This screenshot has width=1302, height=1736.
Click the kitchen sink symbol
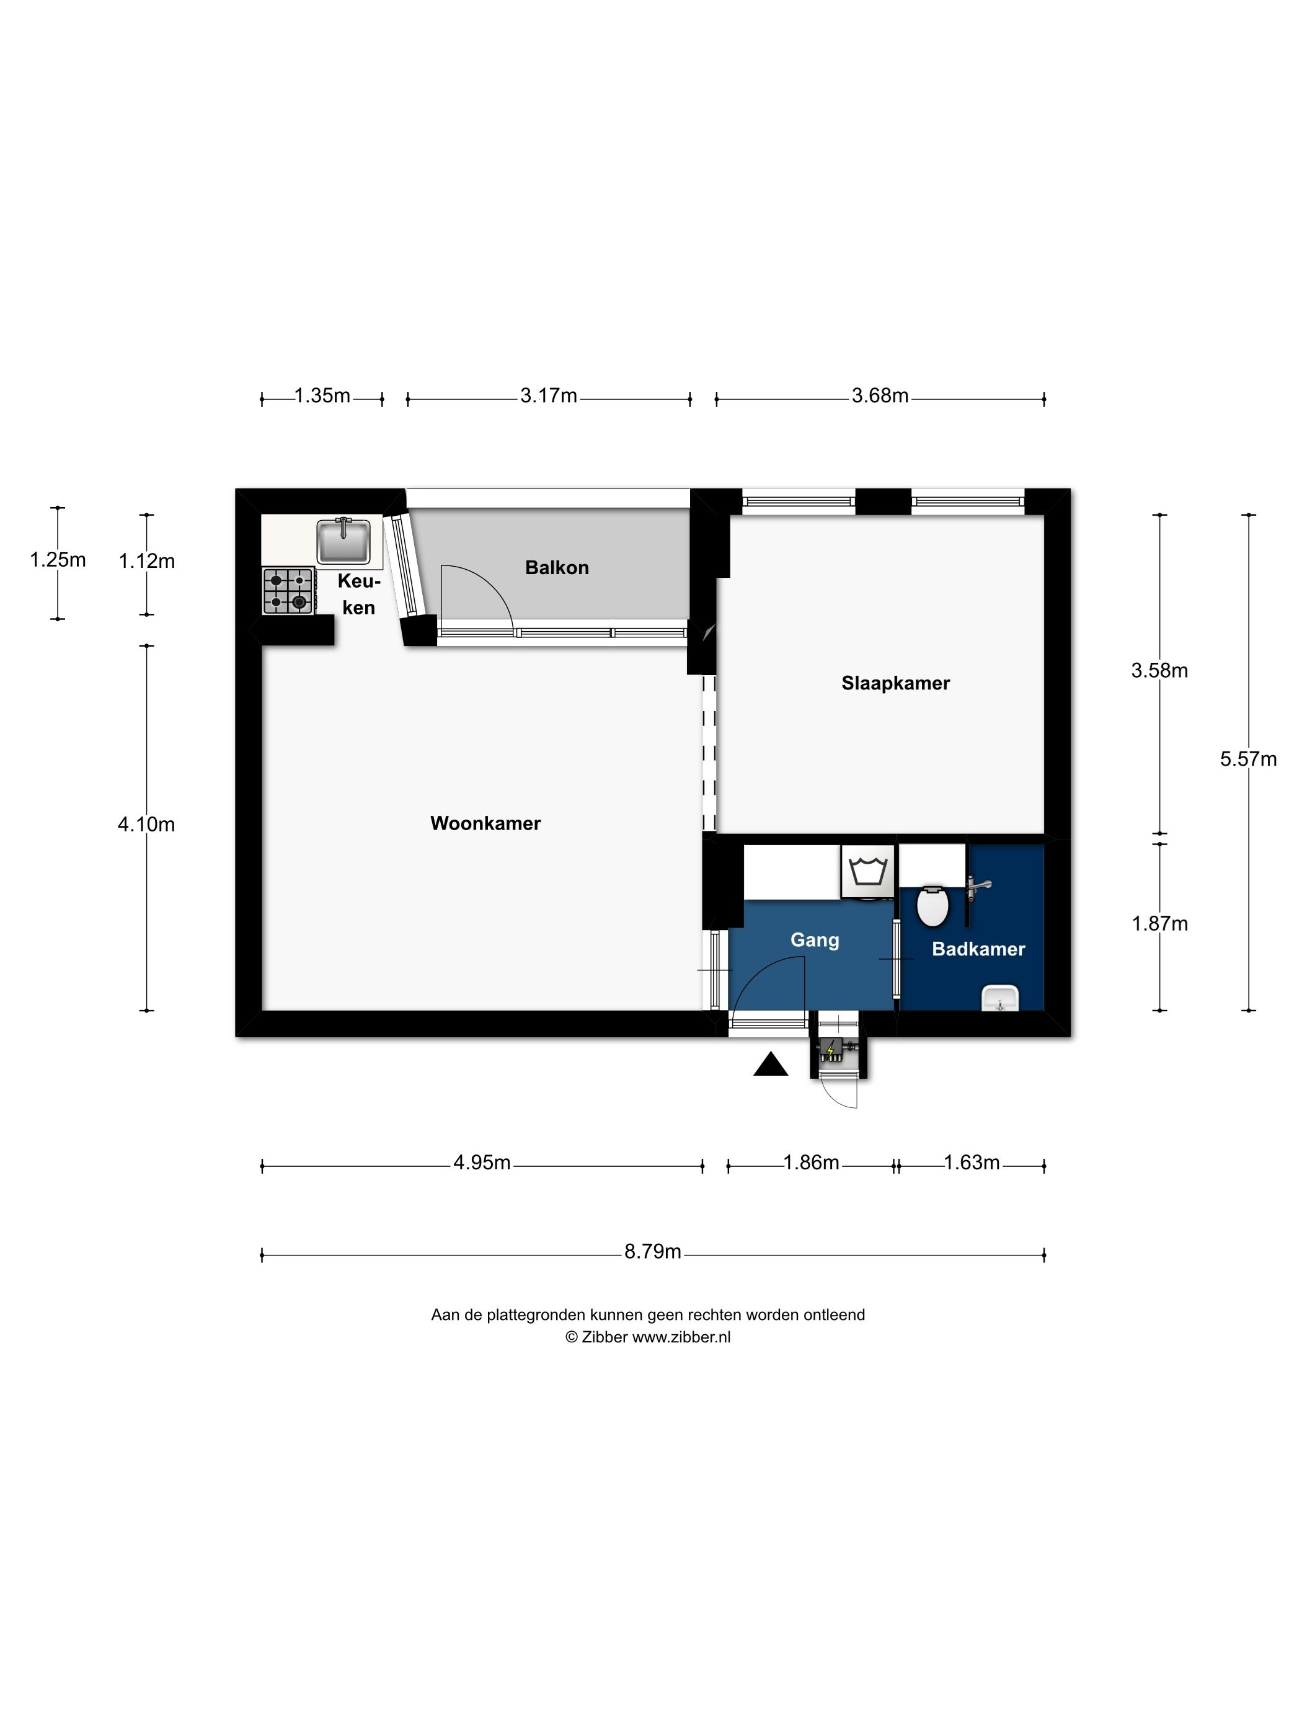tap(343, 541)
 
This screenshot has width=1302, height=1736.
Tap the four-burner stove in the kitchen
tap(289, 591)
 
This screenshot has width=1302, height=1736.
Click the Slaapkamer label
tap(895, 683)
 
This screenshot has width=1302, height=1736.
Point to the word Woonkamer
tap(486, 823)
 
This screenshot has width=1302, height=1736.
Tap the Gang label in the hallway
tap(815, 940)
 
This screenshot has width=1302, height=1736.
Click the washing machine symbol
tap(868, 871)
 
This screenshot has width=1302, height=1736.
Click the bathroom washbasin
tap(1000, 998)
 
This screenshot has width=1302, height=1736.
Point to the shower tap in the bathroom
tap(978, 886)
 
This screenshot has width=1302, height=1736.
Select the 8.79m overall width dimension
tap(652, 1251)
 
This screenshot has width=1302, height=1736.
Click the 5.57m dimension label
tap(1248, 759)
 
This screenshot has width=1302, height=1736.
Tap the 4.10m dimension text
tap(146, 824)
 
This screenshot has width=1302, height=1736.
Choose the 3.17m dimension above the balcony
tap(549, 396)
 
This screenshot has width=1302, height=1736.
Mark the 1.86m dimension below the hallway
tap(812, 1162)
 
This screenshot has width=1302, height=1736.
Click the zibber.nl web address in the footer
tap(681, 1337)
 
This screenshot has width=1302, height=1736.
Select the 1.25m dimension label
tap(57, 560)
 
